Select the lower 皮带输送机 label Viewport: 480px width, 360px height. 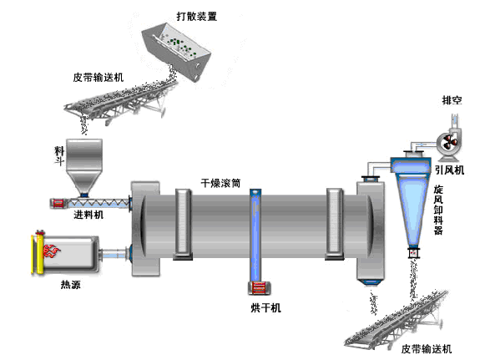(426, 347)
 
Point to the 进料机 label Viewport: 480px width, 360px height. (88, 215)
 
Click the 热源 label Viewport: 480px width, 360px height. (72, 284)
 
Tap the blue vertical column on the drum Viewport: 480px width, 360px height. (256, 238)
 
